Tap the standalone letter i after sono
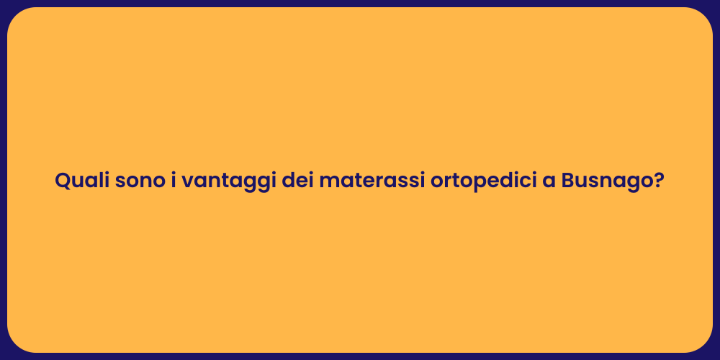point(174,181)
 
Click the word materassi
point(372,181)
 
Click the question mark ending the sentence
point(657,181)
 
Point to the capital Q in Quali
point(63,181)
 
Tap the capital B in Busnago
point(569,181)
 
